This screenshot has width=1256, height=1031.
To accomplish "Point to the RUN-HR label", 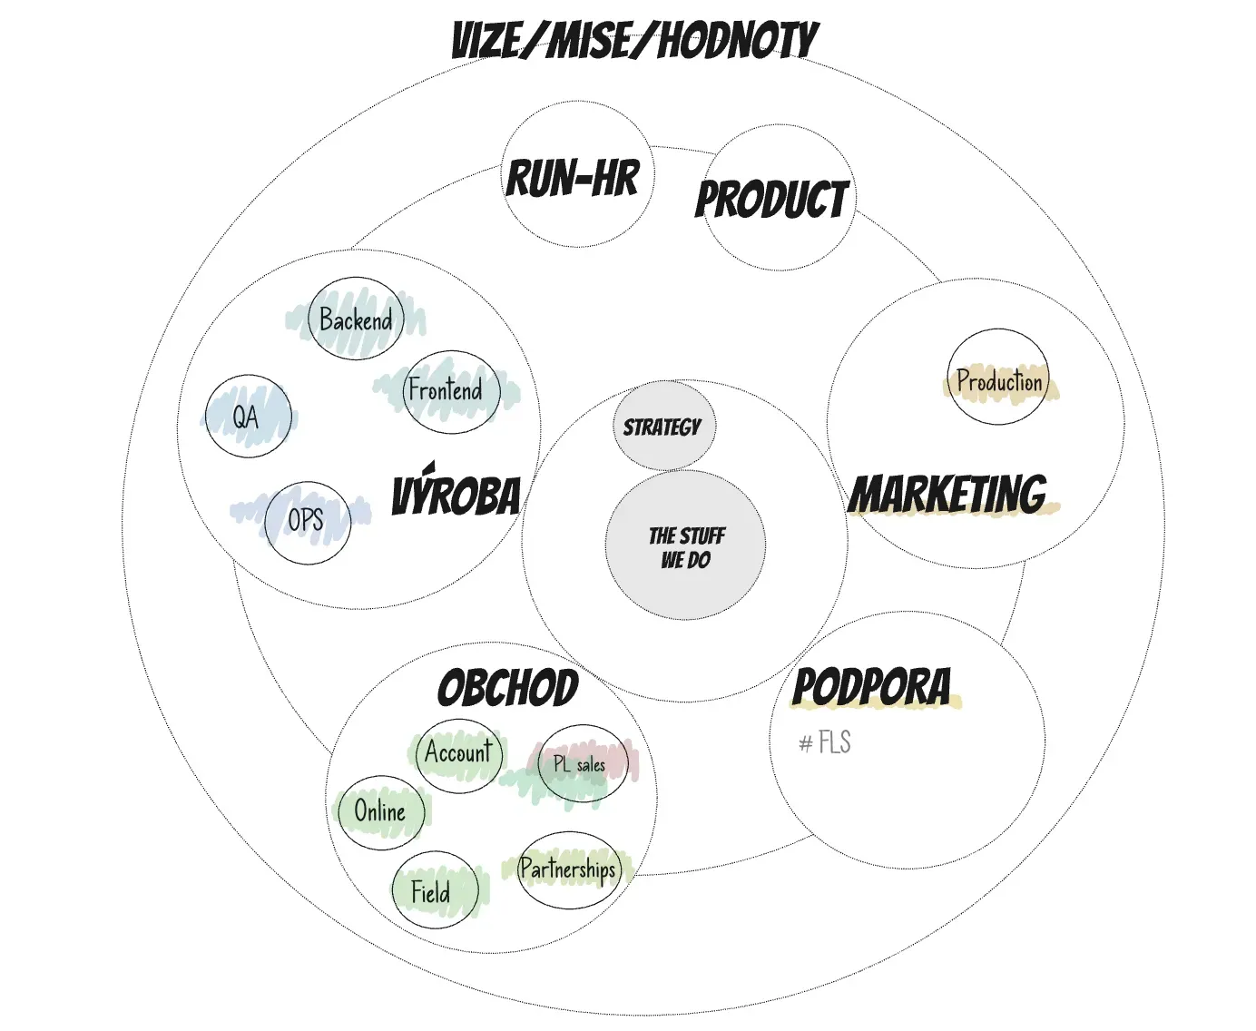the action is pos(573,178).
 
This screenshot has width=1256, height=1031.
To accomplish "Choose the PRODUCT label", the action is pos(771,199).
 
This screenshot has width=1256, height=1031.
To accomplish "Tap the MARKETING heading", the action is pos(947,494).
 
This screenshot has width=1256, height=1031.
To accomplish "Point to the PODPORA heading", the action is pos(871,687).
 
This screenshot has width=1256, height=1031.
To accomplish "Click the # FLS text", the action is pos(825,742).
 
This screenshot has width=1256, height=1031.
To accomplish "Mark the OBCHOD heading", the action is pos(507,687).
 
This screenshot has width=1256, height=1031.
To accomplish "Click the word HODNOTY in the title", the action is pos(738,41).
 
